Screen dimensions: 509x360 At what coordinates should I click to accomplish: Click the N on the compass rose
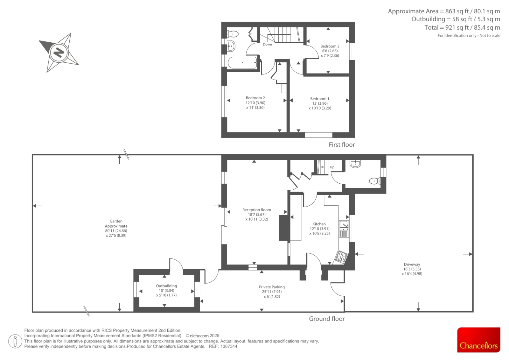click(59, 53)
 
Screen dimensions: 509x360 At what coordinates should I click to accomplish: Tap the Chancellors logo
click(478, 340)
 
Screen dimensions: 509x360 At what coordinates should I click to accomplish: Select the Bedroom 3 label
click(330, 46)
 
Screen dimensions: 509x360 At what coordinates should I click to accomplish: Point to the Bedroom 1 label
click(320, 99)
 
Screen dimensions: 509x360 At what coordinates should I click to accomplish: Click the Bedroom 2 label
click(255, 98)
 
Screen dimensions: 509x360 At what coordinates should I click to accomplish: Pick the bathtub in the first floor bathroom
click(242, 62)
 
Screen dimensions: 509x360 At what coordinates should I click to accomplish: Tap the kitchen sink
click(344, 229)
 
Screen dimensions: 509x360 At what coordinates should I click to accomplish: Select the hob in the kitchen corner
click(341, 257)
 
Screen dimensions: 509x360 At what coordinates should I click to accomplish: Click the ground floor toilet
click(375, 181)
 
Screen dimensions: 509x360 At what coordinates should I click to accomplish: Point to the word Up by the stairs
click(332, 167)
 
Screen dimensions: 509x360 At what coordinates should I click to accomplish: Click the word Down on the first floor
click(267, 44)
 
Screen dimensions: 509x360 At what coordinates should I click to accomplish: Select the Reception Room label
click(256, 210)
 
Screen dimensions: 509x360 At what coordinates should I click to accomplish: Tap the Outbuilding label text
click(166, 286)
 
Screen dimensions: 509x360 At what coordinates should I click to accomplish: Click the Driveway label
click(412, 264)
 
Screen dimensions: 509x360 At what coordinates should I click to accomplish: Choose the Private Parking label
click(272, 287)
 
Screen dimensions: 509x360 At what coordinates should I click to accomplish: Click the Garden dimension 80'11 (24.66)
click(116, 230)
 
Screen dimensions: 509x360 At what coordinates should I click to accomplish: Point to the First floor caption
click(342, 145)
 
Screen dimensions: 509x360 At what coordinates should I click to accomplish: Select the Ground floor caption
click(326, 319)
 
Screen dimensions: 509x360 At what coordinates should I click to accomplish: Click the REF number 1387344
click(229, 346)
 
